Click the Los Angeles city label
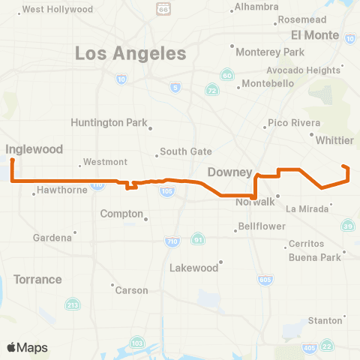coord(130,54)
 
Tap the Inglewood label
coord(34,149)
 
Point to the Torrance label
coord(37,279)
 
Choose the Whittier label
coord(335,140)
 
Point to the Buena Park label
coord(314,257)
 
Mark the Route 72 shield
coord(212,90)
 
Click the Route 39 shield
coord(348,226)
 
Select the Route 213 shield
coord(73,304)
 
